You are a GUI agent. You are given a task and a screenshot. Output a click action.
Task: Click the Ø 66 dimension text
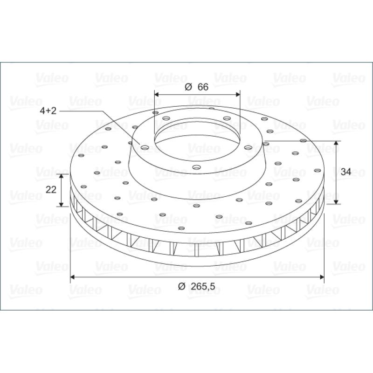pos(196,87)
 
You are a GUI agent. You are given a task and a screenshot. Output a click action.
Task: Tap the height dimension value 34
pos(346,172)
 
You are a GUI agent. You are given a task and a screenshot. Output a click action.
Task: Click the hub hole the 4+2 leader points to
pos(145,148)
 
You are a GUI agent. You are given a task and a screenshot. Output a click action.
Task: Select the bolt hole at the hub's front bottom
pos(196,167)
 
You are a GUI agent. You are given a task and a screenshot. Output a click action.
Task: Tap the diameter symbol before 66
pos(188,87)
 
